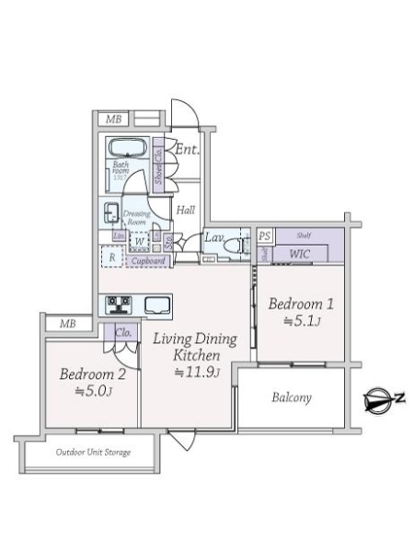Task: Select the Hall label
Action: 186,211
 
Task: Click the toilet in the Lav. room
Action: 241,245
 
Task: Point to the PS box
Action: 265,236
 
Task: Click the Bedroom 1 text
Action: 298,304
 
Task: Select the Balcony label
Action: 292,398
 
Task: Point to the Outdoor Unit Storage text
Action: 93,453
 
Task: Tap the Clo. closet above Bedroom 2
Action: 123,331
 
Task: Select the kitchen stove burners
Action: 121,304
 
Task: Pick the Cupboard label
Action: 148,261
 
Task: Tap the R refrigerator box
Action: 112,257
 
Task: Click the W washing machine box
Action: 139,243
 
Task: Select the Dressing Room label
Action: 137,217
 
